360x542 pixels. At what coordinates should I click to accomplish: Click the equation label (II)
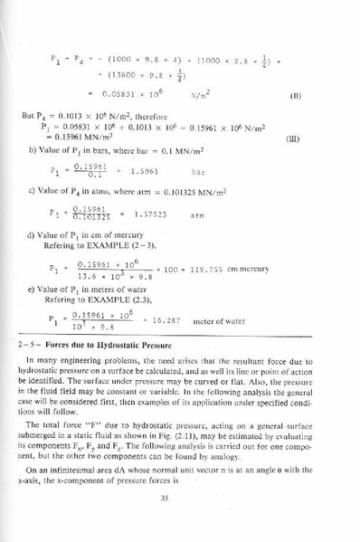(x=294, y=95)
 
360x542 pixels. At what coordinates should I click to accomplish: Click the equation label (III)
(x=292, y=139)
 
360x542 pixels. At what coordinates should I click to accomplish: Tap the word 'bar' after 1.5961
(x=200, y=170)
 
